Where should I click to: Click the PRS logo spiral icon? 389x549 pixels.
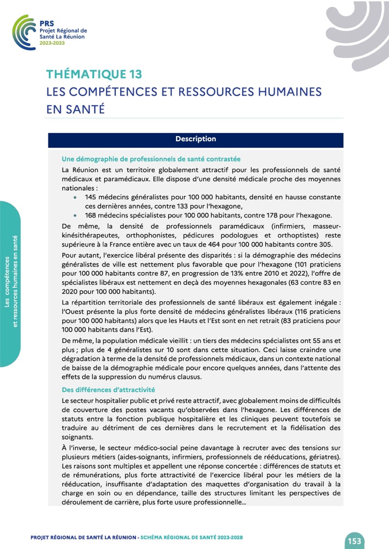tap(24, 32)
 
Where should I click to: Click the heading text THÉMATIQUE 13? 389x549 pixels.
tap(94, 74)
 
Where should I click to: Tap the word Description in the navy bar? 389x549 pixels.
tap(195, 139)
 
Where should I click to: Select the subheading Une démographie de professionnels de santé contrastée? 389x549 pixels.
tap(151, 159)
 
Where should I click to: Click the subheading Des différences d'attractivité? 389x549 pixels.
tap(108, 390)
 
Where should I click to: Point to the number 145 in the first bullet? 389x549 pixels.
tap(91, 197)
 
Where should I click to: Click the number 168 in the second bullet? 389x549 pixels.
tap(91, 215)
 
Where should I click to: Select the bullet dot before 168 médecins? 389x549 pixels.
tap(75, 215)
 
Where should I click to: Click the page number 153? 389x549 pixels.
tap(354, 541)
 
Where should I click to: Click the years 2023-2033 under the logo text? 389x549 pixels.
tap(52, 43)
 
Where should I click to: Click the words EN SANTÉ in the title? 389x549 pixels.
tap(76, 109)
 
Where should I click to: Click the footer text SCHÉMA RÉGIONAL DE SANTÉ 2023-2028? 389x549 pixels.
tap(191, 538)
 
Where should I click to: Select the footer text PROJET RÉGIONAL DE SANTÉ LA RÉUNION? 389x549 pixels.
tap(83, 538)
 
